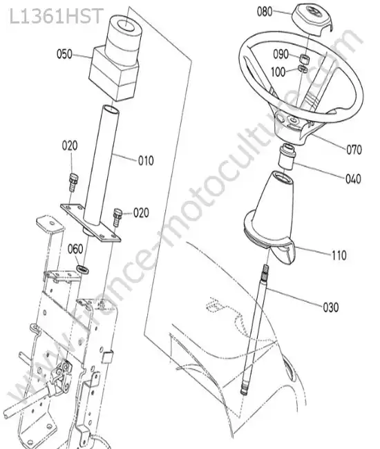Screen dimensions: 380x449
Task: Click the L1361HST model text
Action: click(56, 16)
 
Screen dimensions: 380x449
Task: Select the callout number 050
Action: click(64, 54)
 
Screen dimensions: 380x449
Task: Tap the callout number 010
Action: click(146, 161)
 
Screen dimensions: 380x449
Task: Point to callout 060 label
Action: click(75, 249)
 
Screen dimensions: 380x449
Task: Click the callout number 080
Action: click(265, 12)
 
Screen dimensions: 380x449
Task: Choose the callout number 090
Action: click(281, 54)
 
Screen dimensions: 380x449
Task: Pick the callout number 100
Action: click(278, 72)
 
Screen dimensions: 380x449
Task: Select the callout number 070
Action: click(354, 149)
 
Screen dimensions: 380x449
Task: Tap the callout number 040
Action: click(353, 179)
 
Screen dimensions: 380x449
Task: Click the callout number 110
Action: click(339, 255)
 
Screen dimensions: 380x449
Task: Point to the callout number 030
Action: click(331, 307)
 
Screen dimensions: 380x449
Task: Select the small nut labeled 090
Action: click(303, 58)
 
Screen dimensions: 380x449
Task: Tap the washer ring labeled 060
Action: click(83, 269)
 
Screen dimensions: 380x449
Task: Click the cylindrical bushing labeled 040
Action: click(287, 157)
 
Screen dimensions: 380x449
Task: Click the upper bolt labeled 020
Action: click(73, 182)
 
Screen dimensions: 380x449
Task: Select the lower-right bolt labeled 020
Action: click(117, 217)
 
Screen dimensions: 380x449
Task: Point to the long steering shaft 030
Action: click(255, 329)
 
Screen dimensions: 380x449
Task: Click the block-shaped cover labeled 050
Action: click(115, 59)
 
